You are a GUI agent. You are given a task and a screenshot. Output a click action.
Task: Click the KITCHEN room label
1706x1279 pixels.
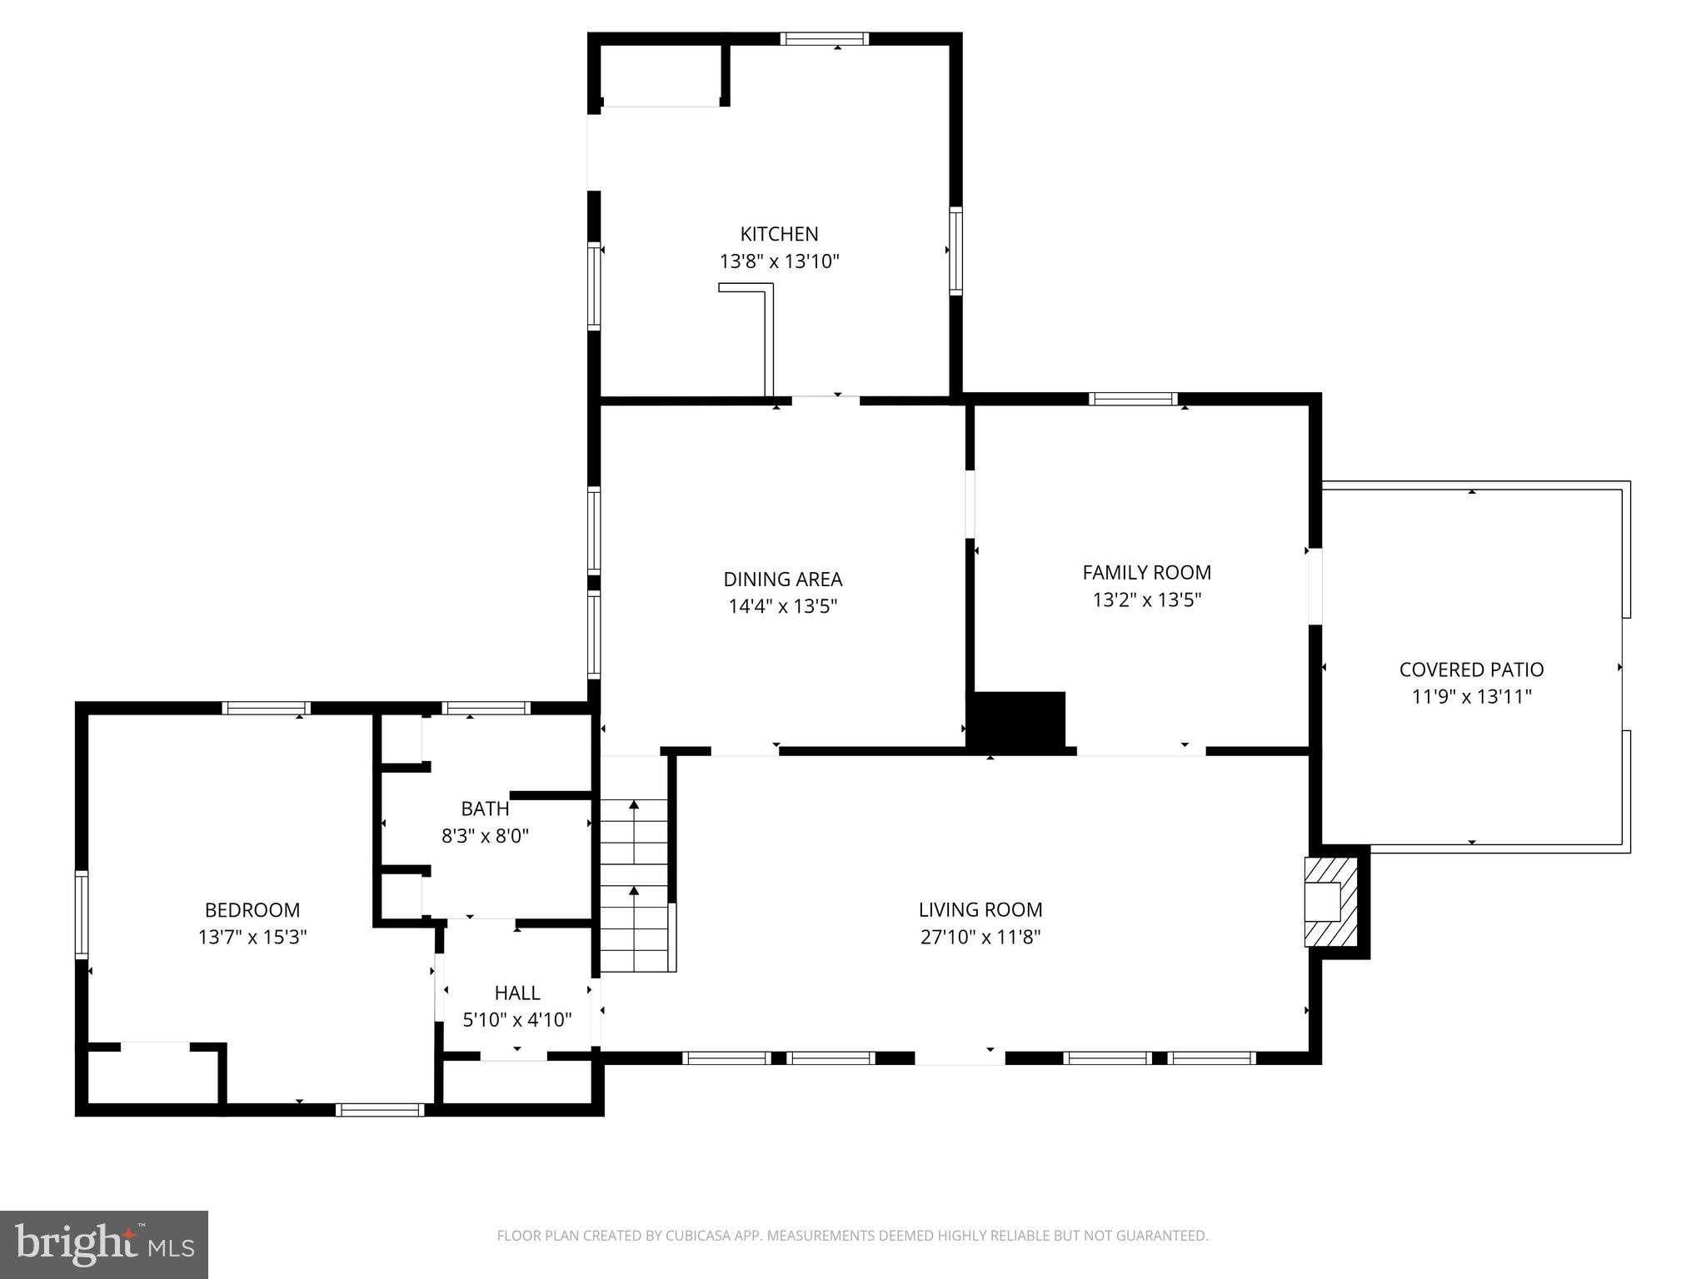click(779, 234)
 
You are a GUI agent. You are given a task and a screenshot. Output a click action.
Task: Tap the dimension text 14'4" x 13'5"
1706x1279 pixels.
click(782, 606)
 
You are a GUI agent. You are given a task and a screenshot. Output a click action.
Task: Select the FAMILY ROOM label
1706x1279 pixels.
click(1146, 572)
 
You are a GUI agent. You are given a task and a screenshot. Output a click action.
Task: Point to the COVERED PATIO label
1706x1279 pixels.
click(1471, 669)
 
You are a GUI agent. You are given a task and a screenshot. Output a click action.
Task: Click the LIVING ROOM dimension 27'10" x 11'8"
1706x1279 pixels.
click(980, 937)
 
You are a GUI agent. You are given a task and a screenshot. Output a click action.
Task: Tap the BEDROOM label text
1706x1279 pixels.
click(252, 910)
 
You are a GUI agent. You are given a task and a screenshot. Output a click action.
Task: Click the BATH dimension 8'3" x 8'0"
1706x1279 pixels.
click(485, 835)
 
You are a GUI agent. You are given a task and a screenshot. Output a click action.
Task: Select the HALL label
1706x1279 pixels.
click(517, 993)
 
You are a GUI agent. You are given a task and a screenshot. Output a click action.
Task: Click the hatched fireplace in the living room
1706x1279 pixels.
click(1330, 903)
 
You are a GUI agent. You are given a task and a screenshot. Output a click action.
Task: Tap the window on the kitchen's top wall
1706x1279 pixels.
click(824, 39)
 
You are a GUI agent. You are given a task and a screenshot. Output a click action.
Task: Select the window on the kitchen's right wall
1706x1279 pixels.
click(955, 251)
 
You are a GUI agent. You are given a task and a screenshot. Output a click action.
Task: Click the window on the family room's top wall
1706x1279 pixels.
click(1133, 399)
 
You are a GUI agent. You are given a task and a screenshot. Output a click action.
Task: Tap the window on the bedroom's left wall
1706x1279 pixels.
click(82, 913)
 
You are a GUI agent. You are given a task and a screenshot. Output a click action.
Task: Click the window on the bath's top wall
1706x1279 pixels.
click(486, 709)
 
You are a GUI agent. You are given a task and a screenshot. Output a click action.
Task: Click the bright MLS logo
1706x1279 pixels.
click(104, 1244)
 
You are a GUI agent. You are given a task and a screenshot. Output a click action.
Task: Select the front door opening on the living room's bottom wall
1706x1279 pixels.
click(960, 1058)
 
